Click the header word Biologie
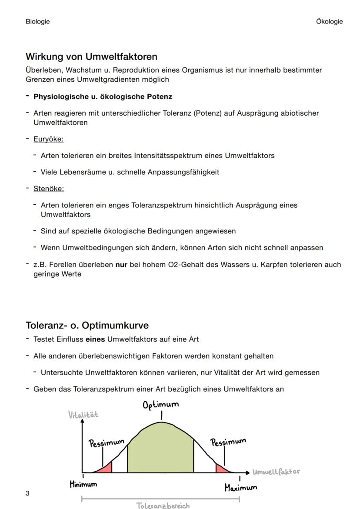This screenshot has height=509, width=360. pyautogui.click(x=37, y=21)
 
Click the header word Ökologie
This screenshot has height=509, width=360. pyautogui.click(x=329, y=21)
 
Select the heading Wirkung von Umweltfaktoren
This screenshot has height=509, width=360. pyautogui.click(x=91, y=57)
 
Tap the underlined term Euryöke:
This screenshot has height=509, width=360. pyautogui.click(x=48, y=139)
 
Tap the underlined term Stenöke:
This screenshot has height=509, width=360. pyautogui.click(x=48, y=188)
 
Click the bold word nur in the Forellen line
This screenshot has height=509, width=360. pyautogui.click(x=121, y=264)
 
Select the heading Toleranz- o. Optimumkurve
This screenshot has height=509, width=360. pyautogui.click(x=87, y=325)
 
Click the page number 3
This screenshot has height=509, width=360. pyautogui.click(x=27, y=493)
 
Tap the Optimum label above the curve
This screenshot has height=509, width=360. pyautogui.click(x=160, y=405)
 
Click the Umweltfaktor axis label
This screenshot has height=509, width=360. pyautogui.click(x=276, y=472)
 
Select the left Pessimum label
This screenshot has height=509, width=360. pyautogui.click(x=107, y=443)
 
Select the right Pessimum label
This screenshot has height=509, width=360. pyautogui.click(x=228, y=442)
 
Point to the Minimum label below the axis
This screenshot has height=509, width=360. pyautogui.click(x=83, y=484)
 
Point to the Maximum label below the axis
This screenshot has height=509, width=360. pyautogui.click(x=240, y=487)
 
